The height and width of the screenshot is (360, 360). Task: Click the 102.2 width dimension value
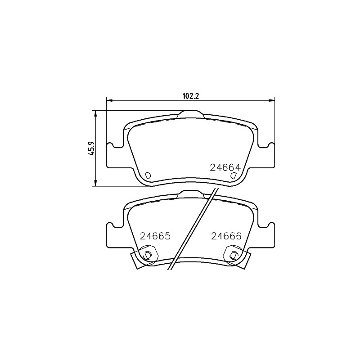pos(190,96)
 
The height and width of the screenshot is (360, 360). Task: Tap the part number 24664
pos(225,167)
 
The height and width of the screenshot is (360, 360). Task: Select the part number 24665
pos(155,236)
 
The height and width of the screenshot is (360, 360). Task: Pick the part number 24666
pos(226,236)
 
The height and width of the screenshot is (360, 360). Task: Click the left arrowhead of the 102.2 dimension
pos(109,100)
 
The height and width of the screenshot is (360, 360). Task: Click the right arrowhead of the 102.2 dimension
pos(272,100)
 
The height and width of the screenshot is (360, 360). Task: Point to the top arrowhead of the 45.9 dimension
pos(95,113)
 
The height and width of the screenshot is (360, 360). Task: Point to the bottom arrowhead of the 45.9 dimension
pos(95,183)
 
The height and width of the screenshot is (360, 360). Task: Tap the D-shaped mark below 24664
pos(233,175)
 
